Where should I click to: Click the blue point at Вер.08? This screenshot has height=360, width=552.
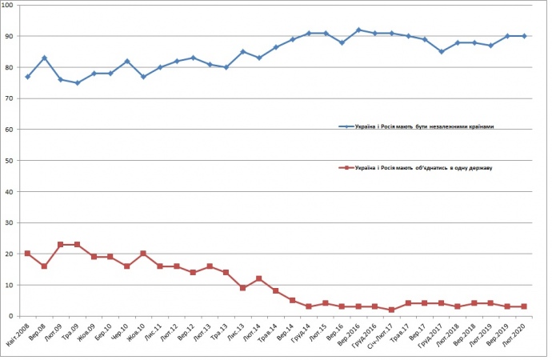(44, 58)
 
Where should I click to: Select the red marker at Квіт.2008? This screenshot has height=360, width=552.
(27, 254)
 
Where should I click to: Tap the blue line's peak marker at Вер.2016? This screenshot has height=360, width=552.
(358, 30)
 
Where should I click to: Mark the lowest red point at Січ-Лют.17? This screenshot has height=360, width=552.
(391, 310)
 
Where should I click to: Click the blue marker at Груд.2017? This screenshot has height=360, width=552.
(441, 52)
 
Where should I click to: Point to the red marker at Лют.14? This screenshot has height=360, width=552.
(259, 278)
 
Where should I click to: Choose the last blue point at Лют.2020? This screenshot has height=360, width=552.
(524, 36)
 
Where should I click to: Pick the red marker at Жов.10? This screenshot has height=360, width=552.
(143, 254)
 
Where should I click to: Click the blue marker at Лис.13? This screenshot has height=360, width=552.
(242, 52)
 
